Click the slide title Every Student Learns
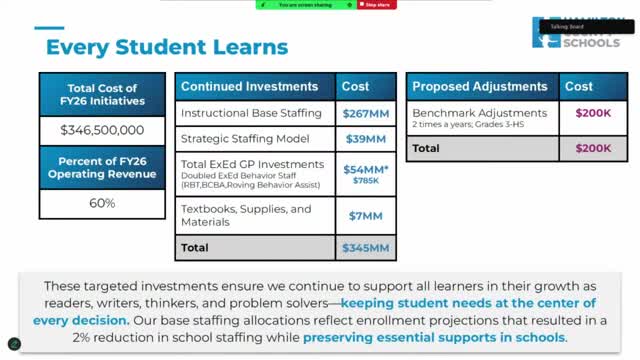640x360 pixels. (167, 46)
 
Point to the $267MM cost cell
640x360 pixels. (365, 113)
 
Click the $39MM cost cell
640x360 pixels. (365, 139)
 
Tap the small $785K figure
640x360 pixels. (365, 180)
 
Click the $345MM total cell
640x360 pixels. (365, 246)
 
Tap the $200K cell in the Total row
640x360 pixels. (593, 148)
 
